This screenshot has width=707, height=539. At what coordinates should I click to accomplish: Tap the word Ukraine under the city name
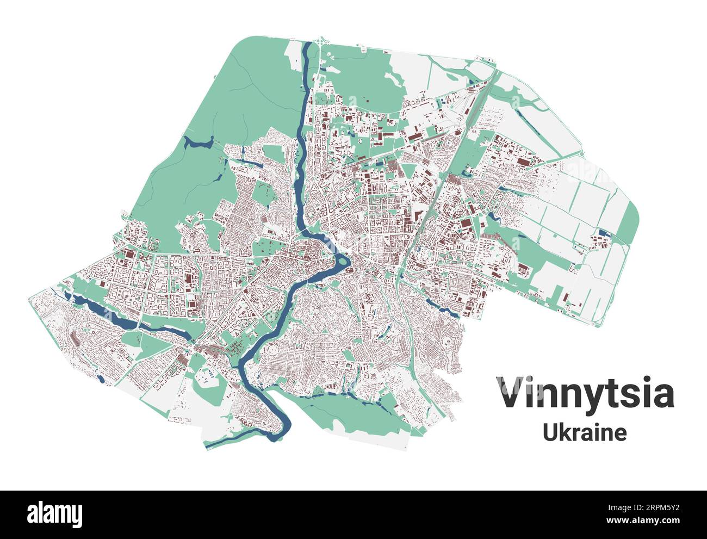(585, 432)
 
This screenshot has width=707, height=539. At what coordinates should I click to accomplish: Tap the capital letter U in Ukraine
(551, 432)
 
